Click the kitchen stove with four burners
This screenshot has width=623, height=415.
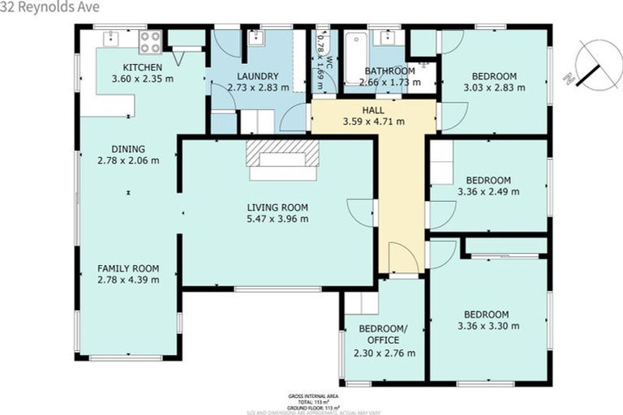(x=150, y=41)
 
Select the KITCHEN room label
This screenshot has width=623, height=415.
(x=143, y=67)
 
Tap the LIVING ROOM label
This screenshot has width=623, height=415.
(x=278, y=207)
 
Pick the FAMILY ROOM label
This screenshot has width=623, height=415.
(x=128, y=268)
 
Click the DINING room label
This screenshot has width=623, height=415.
(x=128, y=149)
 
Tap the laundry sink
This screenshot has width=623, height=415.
(x=255, y=37)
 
